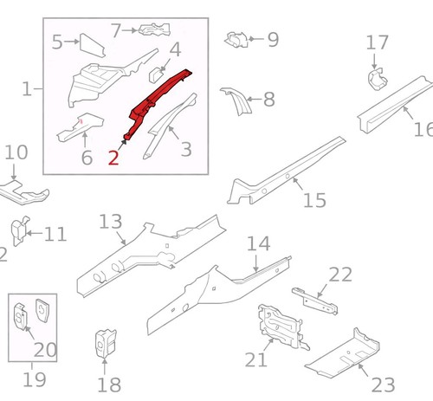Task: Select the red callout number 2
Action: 113,158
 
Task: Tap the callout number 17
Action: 377,42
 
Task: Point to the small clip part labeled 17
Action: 377,79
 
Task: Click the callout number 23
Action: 384,385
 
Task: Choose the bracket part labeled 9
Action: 236,40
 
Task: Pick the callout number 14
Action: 259,243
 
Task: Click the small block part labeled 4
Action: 156,74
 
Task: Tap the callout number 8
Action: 269,99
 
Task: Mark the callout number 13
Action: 111,222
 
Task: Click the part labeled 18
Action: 106,344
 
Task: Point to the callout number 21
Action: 255,359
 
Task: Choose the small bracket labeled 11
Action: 20,230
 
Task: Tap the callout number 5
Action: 57,42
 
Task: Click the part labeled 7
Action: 154,29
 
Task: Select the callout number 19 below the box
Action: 34,379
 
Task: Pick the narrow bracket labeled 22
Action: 314,301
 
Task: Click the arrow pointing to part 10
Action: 14,172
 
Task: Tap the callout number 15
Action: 314,200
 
